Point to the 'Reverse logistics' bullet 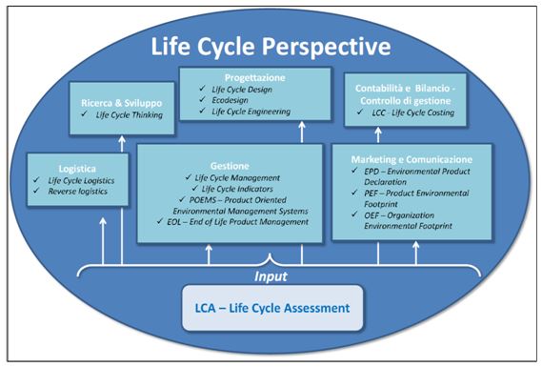[x=71, y=192]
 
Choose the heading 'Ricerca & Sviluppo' [x=115, y=98]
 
